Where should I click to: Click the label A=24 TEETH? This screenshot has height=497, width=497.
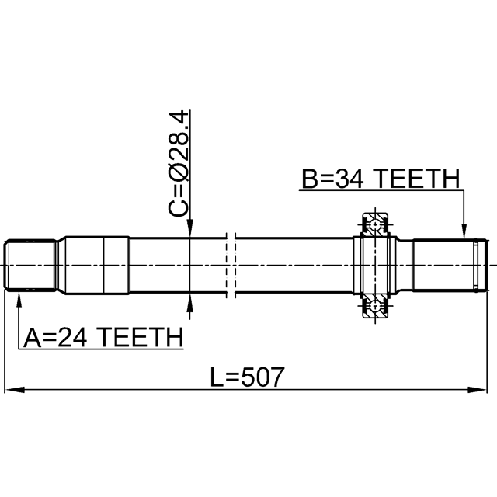tap(103, 337)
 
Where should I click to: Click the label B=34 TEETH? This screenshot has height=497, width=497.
tap(381, 179)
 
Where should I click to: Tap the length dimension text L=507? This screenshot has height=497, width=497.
tap(247, 377)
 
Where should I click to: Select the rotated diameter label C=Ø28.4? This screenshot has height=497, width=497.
tap(178, 164)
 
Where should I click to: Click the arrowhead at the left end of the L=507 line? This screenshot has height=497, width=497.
tap(15, 390)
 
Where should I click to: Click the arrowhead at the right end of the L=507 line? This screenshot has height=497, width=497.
tap(478, 390)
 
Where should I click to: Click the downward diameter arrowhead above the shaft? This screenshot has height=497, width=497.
tap(189, 228)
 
